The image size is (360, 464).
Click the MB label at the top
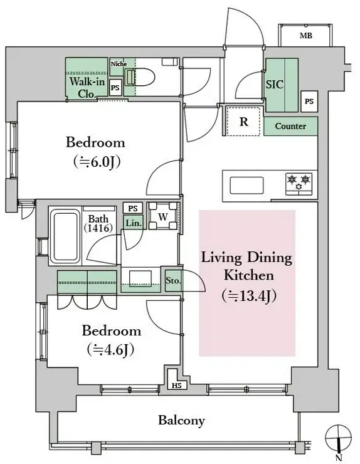[306, 36]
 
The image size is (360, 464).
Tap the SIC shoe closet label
[275, 85]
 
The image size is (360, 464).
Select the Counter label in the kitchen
[290, 126]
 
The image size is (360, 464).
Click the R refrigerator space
[243, 121]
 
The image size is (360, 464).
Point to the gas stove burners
[299, 184]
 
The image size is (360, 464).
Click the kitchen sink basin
[246, 185]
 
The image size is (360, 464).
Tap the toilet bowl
[140, 78]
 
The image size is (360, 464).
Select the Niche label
[119, 63]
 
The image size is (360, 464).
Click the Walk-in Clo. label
[87, 87]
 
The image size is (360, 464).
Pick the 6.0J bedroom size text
[97, 162]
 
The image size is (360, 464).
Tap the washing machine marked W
[163, 216]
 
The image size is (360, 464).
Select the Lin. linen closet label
[134, 223]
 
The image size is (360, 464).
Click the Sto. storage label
[173, 280]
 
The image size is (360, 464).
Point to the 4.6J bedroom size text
[111, 350]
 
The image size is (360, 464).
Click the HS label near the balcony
[177, 386]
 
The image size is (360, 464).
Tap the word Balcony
[181, 421]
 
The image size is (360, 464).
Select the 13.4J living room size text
[249, 296]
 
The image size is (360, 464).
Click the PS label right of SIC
[309, 102]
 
